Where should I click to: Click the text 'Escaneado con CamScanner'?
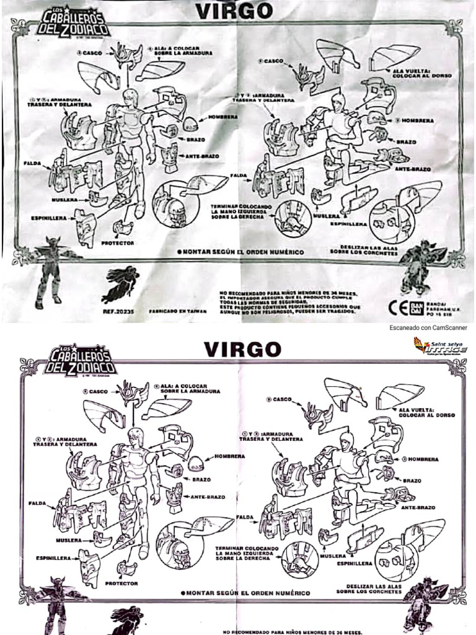pyautogui.click(x=428, y=327)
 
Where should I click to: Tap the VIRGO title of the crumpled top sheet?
pyautogui.click(x=234, y=11)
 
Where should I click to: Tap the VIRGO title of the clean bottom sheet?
pyautogui.click(x=242, y=349)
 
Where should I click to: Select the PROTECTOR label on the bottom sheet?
pyautogui.click(x=121, y=584)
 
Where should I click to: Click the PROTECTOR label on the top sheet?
pyautogui.click(x=117, y=242)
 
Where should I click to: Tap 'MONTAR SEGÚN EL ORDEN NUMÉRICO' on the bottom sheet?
pyautogui.click(x=248, y=593)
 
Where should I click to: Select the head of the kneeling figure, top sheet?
pyautogui.click(x=338, y=102)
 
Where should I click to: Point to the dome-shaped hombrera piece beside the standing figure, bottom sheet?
pyautogui.click(x=197, y=462)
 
